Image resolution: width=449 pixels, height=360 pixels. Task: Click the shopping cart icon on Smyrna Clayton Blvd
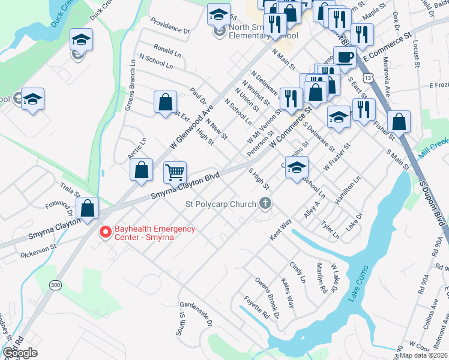[175, 172]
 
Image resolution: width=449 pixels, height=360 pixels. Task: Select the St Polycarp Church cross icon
[264, 205]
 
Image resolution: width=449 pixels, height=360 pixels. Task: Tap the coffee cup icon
[344, 57]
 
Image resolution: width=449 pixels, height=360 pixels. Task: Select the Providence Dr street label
[169, 28]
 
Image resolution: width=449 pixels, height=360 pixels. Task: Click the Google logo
[20, 352]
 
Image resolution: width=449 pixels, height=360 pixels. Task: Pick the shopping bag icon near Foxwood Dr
[88, 209]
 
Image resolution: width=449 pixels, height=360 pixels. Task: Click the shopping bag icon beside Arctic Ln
[141, 170]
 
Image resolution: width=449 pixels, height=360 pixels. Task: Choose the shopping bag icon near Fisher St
[399, 122]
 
